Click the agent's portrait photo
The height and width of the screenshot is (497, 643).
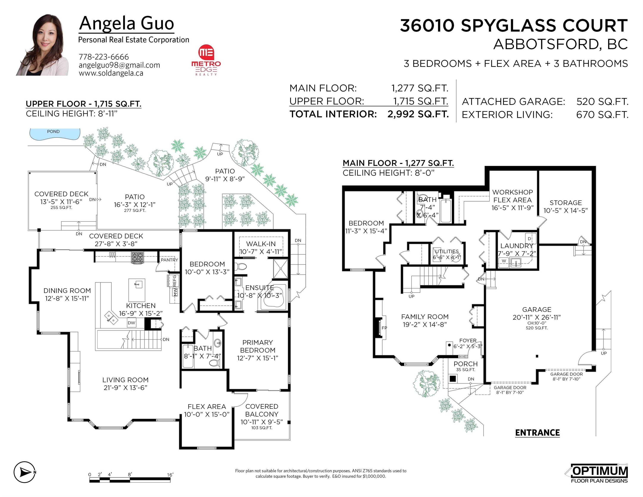point(42,45)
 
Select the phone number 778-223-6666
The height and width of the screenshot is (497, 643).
point(104,57)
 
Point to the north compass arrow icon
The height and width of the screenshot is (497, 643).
point(25,472)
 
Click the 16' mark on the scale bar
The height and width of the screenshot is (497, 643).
point(170,475)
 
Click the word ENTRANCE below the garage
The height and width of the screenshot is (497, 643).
point(537,433)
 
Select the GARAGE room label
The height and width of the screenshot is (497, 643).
point(537,310)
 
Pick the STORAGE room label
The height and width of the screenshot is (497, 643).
point(566,203)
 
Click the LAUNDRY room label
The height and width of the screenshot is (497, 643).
point(517,245)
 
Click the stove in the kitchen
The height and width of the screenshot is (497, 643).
point(137,257)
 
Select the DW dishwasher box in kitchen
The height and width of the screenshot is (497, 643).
point(131,323)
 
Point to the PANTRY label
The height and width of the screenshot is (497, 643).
point(169,260)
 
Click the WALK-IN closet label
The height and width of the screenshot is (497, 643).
point(261,244)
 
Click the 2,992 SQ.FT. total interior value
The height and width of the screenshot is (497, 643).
point(418,114)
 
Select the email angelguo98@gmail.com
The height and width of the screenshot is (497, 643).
point(119,65)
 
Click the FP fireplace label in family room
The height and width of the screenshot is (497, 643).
point(384,328)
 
